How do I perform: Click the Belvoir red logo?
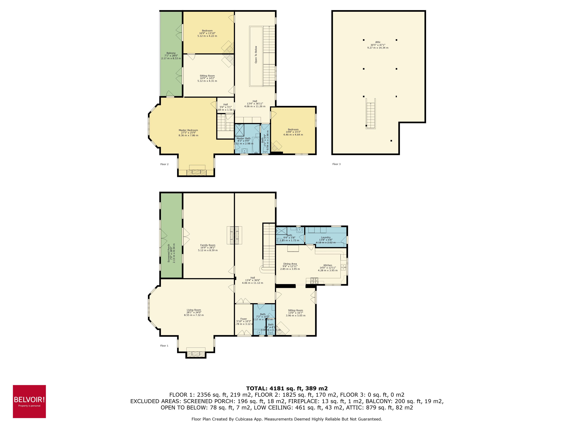(29, 401)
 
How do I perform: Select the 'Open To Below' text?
(256, 55)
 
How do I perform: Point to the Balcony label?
(171, 53)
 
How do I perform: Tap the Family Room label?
(208, 245)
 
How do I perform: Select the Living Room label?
(194, 310)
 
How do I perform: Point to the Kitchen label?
(328, 265)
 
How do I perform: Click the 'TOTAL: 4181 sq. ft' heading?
(287, 388)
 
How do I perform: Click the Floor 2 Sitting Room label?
(207, 76)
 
